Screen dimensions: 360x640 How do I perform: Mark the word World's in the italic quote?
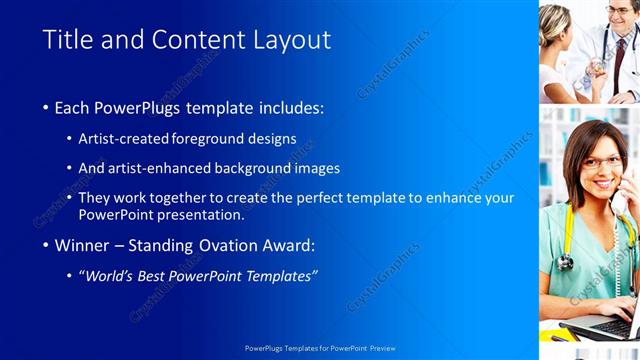pyautogui.click(x=111, y=275)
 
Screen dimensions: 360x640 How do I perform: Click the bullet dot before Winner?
pyautogui.click(x=47, y=246)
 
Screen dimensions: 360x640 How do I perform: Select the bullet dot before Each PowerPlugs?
pyautogui.click(x=47, y=108)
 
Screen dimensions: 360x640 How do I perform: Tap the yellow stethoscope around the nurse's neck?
pyautogui.click(x=566, y=240)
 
